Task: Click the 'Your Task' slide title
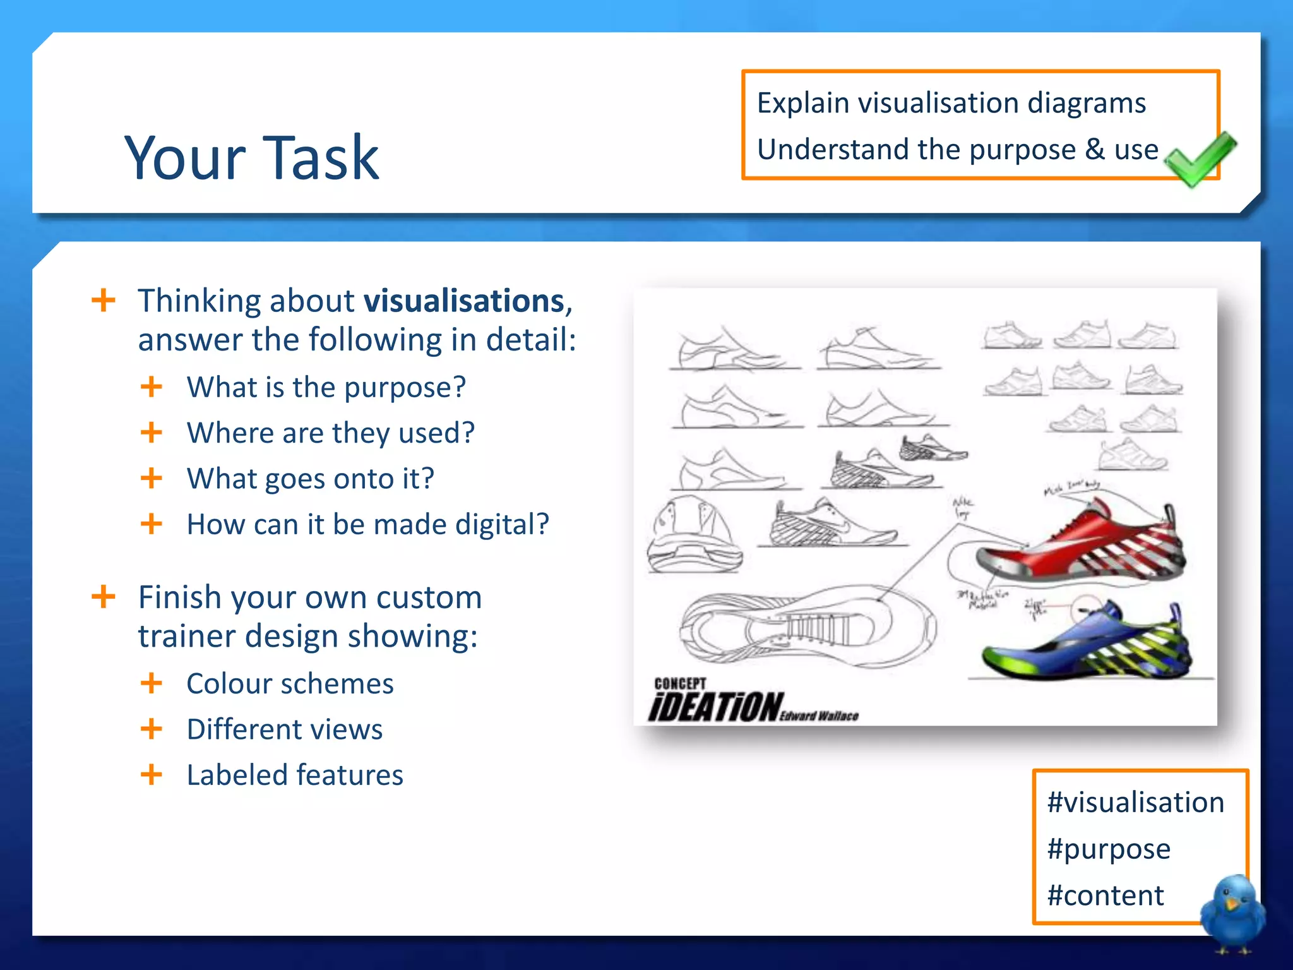[x=251, y=157]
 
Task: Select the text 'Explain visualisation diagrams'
[x=951, y=103]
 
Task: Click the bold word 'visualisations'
[x=464, y=301]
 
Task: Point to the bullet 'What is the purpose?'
[x=326, y=387]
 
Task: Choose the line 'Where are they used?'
[x=330, y=433]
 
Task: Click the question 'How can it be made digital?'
[x=367, y=525]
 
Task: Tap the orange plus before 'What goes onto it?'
[x=152, y=478]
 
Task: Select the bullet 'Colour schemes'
[x=290, y=684]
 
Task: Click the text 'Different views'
[x=284, y=729]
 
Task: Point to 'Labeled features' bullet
[x=294, y=775]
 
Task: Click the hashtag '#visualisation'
[x=1135, y=803]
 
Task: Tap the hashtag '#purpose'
[x=1109, y=849]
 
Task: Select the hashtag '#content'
[x=1105, y=895]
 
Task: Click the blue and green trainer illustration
[x=1086, y=644]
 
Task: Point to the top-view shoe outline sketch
[x=808, y=625]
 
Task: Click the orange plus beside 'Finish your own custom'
[x=104, y=597]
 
